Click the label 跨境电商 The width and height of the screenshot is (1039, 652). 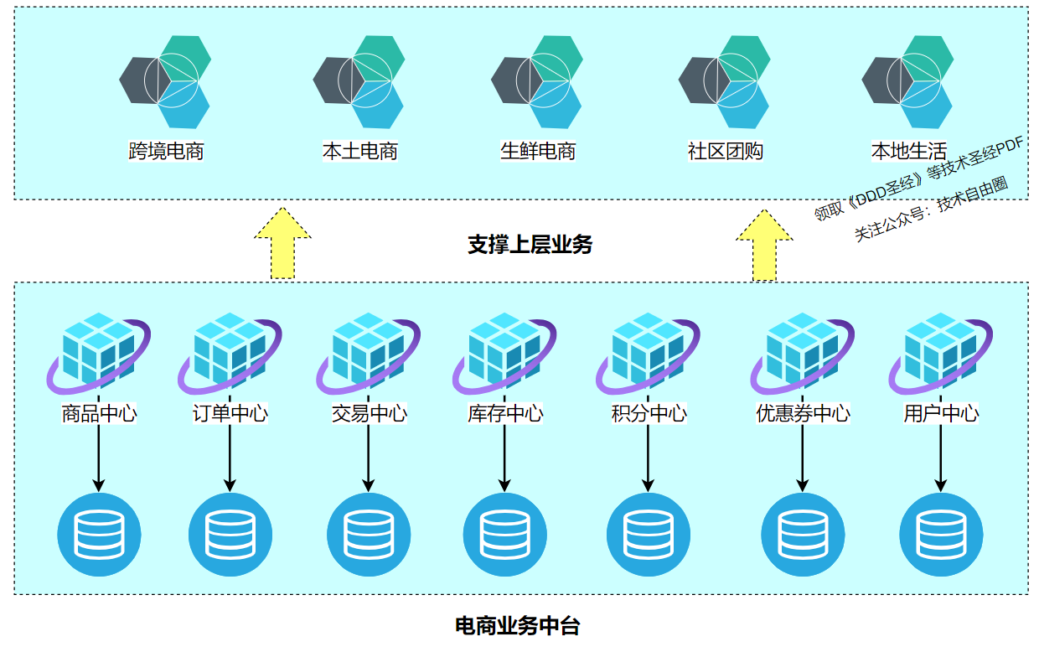(167, 152)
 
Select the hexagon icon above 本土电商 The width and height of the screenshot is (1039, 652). (359, 81)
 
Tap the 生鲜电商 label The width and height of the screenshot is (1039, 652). (538, 152)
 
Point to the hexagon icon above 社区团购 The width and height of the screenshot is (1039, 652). (723, 81)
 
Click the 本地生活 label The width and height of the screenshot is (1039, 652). (909, 152)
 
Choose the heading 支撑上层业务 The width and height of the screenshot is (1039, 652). (530, 245)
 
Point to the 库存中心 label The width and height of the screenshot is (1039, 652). (505, 413)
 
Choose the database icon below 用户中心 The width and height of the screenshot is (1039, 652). (941, 535)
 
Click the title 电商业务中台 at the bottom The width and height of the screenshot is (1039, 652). (517, 626)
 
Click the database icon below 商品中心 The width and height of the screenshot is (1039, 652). (99, 535)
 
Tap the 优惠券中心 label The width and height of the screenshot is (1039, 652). (803, 413)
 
